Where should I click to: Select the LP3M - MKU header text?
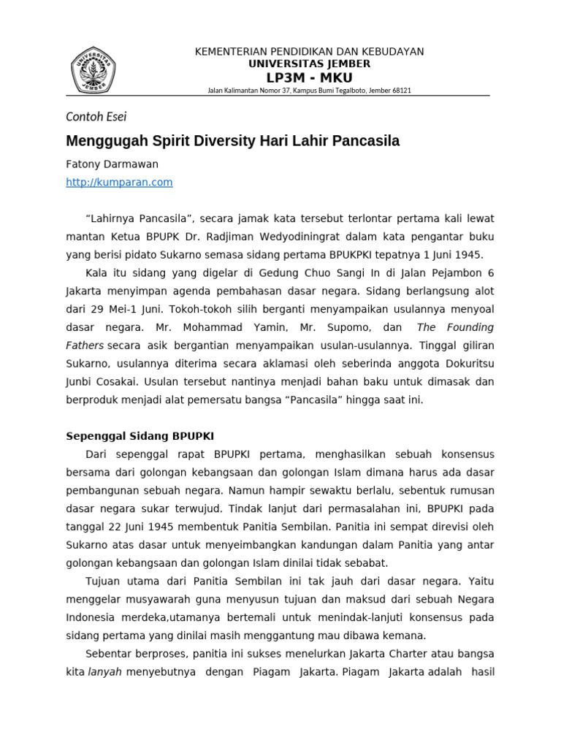(309, 77)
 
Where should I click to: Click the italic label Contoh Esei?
(96, 116)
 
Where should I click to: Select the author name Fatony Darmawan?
(112, 164)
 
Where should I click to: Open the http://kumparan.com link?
(119, 183)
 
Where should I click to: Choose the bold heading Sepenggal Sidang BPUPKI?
(140, 436)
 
